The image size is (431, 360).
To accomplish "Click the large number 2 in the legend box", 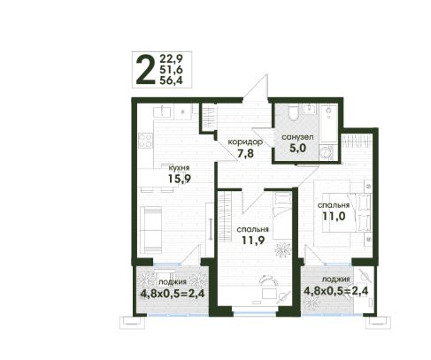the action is [145, 70].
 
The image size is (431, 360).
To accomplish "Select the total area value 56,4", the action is [171, 80].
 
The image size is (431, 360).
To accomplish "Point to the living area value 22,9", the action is [171, 58].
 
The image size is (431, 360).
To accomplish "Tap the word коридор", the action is [245, 142].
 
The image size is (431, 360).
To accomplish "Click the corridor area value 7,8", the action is [245, 153].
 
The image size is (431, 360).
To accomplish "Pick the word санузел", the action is [297, 137].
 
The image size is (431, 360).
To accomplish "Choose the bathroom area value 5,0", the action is [297, 148].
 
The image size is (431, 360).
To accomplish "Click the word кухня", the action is [179, 168].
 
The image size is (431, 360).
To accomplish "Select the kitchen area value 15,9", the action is [180, 179].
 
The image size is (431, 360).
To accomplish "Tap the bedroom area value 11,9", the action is [253, 241].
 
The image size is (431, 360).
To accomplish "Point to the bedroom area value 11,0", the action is [334, 216].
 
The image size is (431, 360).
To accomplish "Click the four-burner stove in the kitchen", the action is [146, 140].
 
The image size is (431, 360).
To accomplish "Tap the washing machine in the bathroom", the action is [327, 153].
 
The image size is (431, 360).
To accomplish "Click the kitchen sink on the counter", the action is [162, 112].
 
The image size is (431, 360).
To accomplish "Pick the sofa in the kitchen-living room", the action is [150, 230].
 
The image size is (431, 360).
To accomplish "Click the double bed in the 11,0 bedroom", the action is [346, 212].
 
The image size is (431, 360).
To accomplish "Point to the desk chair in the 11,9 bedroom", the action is [269, 280].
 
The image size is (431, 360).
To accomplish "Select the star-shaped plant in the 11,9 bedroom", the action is [282, 249].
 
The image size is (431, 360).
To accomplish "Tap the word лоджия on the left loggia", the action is [173, 282].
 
